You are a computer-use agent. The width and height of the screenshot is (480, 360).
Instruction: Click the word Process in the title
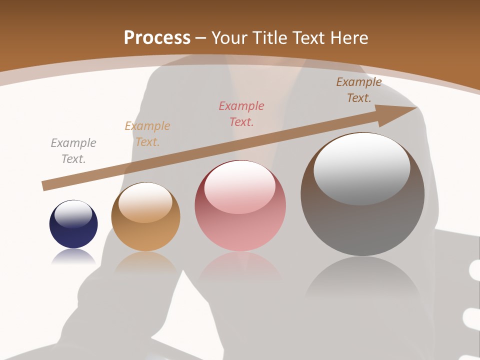pyautogui.click(x=157, y=38)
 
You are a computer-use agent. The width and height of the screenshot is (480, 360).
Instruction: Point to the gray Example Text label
pyautogui.click(x=73, y=151)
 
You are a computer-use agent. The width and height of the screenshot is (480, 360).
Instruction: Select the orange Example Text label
pyautogui.click(x=147, y=134)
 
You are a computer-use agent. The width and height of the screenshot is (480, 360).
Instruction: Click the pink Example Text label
pyautogui.click(x=241, y=113)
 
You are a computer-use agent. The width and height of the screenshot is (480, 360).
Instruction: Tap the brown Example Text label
pyautogui.click(x=359, y=90)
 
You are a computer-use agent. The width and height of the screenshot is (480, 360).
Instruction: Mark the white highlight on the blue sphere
pyautogui.click(x=73, y=213)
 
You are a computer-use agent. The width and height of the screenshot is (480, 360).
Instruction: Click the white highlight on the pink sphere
pyautogui.click(x=239, y=187)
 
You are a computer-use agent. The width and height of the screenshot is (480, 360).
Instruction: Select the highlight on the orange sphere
pyautogui.click(x=145, y=202)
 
